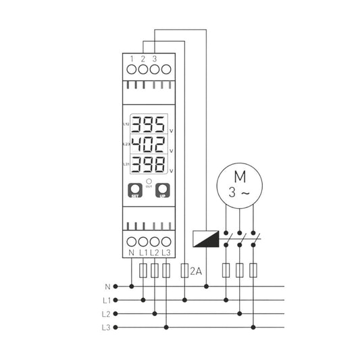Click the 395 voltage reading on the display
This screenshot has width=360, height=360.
(x=147, y=125)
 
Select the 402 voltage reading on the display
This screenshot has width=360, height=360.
(x=147, y=145)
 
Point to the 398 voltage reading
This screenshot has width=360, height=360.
(x=147, y=164)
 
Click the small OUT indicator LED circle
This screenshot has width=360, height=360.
(x=148, y=182)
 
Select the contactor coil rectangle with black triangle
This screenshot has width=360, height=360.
(x=206, y=238)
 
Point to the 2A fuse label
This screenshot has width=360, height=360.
(x=197, y=272)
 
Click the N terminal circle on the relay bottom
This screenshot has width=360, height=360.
(x=131, y=242)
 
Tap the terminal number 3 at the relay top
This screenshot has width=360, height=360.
(x=155, y=59)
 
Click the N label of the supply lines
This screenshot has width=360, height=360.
(x=107, y=286)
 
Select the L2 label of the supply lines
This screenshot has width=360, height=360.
(x=107, y=314)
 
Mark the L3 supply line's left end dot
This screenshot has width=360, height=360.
(x=116, y=328)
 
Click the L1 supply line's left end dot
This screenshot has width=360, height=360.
(x=116, y=300)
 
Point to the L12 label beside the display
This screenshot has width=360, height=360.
(x=126, y=125)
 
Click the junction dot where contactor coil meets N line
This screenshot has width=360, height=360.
(x=206, y=286)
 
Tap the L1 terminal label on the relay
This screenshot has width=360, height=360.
(x=143, y=253)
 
